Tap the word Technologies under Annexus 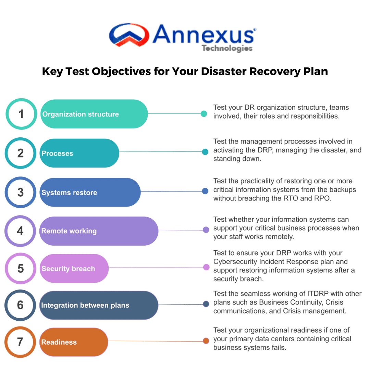[227, 48]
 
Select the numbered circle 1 [21, 114]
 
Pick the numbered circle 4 [20, 231]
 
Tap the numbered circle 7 [20, 342]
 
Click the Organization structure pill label [81, 114]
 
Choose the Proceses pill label [57, 153]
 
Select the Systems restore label [69, 193]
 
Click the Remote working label [69, 231]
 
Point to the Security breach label [68, 269]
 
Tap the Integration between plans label [85, 305]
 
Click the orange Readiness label [59, 342]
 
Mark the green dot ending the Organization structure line [204, 114]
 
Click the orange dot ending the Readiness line [206, 341]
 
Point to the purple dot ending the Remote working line [206, 230]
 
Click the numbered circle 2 [21, 153]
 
